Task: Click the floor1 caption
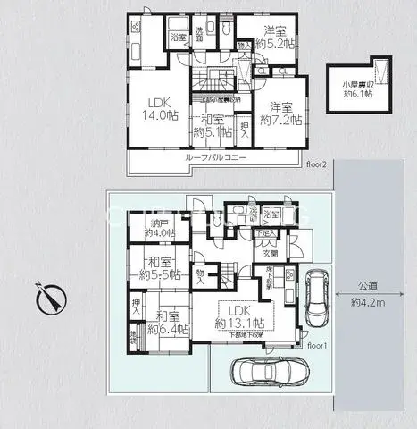[318, 343]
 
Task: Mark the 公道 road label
[369, 287]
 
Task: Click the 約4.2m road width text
[369, 302]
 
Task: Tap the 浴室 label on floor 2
[179, 38]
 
